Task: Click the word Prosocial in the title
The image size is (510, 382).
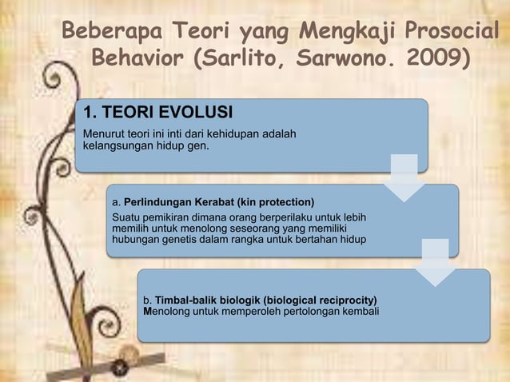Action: (x=452, y=33)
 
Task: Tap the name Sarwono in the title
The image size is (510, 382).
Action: (x=357, y=58)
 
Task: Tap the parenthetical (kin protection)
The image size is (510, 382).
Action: (x=274, y=201)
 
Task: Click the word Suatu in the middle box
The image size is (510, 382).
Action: (x=126, y=216)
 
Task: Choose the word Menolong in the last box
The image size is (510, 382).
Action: (x=168, y=311)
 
